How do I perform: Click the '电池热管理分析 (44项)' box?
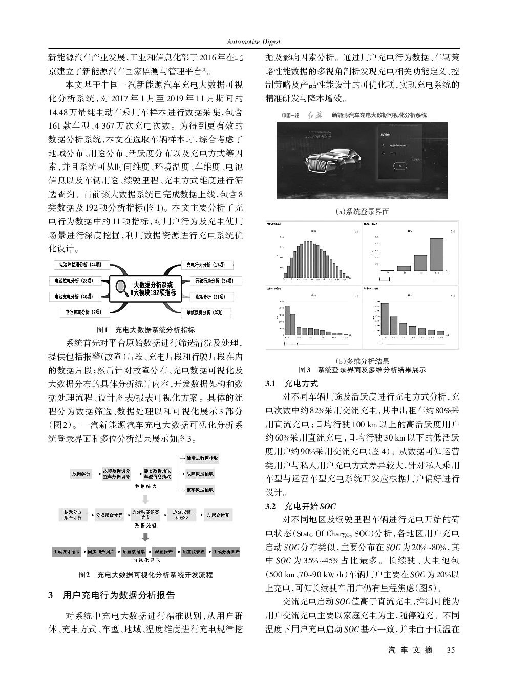pyautogui.click(x=80, y=265)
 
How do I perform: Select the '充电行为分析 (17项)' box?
pyautogui.click(x=205, y=265)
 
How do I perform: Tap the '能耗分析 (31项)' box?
pyautogui.click(x=209, y=297)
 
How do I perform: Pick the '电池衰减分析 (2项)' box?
pyautogui.click(x=83, y=312)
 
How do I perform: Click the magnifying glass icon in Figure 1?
pyautogui.click(x=122, y=288)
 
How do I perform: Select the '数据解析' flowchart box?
pyautogui.click(x=81, y=474)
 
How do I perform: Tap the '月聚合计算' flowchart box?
pyautogui.click(x=218, y=514)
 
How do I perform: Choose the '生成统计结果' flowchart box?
pyautogui.click(x=67, y=552)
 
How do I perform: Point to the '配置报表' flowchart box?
pyautogui.click(x=164, y=552)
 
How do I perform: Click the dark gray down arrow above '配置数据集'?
pyautogui.click(x=145, y=537)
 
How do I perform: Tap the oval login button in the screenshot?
pyautogui.click(x=400, y=165)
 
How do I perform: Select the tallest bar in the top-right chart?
pyautogui.click(x=437, y=254)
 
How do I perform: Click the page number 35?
pyautogui.click(x=451, y=651)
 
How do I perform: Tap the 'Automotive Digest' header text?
pyautogui.click(x=254, y=41)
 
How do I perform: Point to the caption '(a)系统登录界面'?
pyautogui.click(x=362, y=211)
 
